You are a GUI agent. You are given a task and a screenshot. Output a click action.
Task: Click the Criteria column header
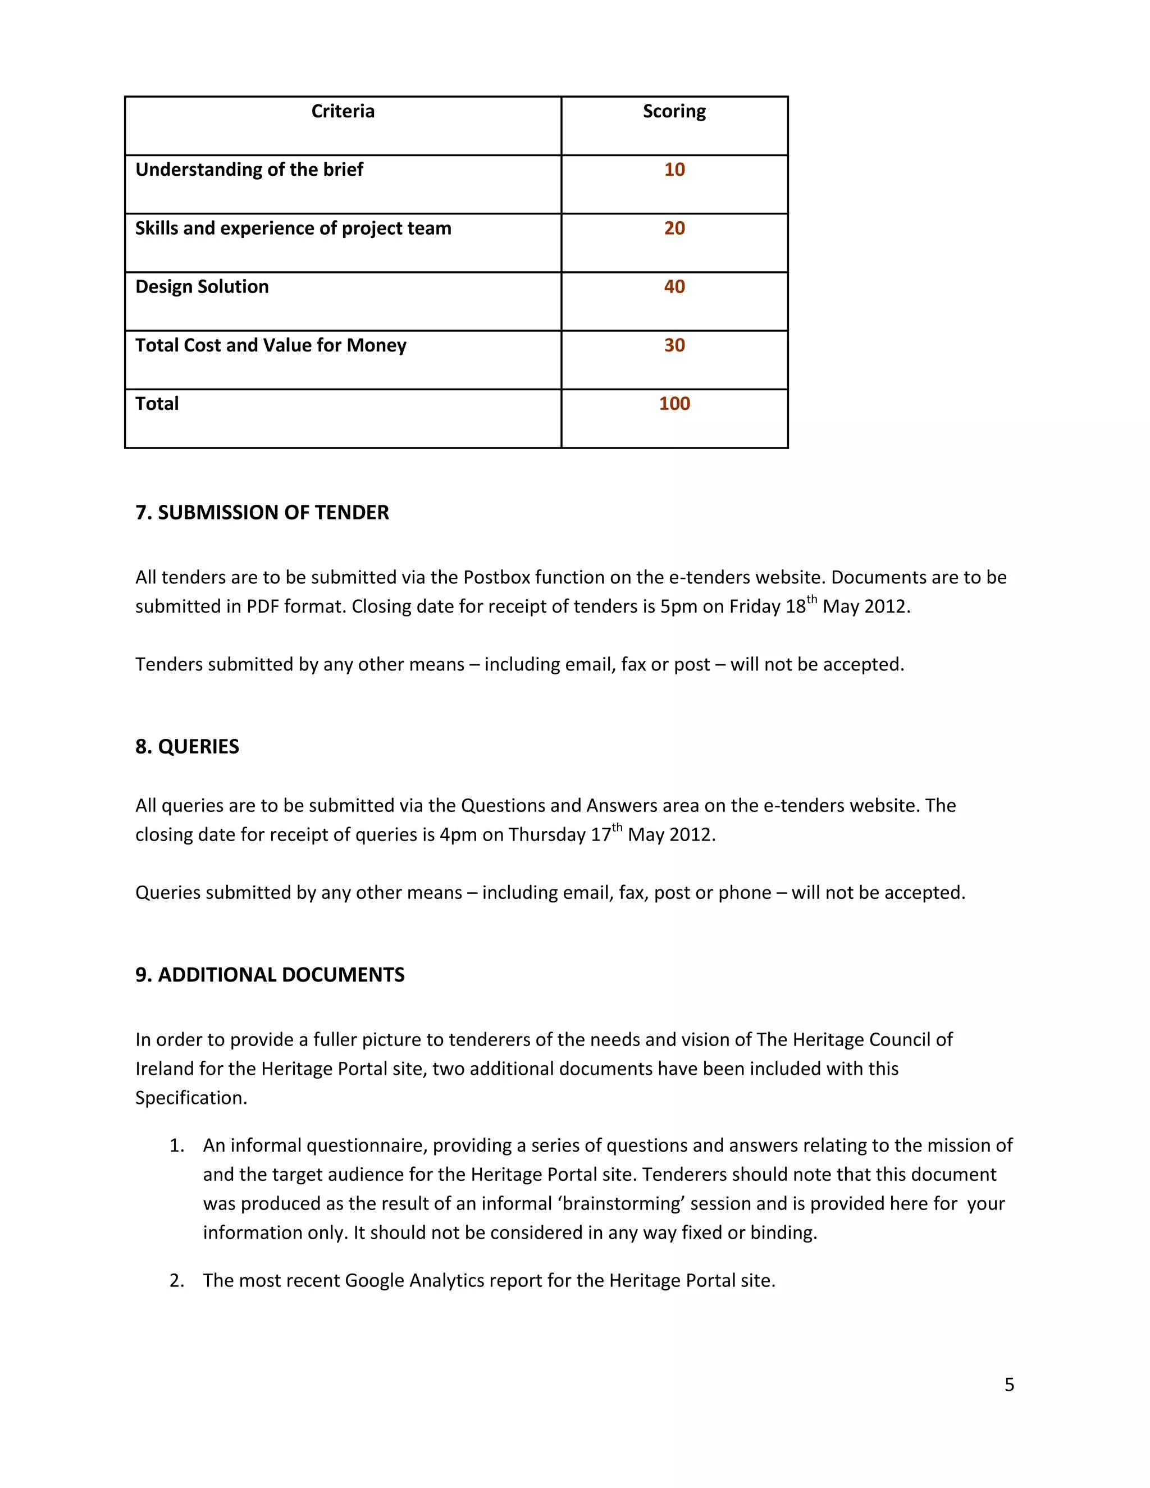pos(343,111)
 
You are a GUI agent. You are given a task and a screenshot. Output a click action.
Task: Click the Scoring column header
pos(674,111)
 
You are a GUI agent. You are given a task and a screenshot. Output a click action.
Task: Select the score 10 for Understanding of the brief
pos(674,170)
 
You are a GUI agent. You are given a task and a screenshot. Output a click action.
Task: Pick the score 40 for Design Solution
pos(674,287)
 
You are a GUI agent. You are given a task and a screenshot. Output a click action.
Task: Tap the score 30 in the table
pos(674,345)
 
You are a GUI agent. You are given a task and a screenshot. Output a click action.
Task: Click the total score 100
pos(674,404)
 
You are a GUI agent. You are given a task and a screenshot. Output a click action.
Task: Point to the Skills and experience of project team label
pos(293,228)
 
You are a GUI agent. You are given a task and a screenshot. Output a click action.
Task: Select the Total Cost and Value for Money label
pos(271,345)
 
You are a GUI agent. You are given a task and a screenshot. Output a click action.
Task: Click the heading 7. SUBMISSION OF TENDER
pos(262,512)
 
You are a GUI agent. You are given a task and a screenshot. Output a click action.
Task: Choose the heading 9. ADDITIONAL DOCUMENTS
pos(270,975)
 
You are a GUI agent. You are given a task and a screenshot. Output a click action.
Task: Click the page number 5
pos(1009,1385)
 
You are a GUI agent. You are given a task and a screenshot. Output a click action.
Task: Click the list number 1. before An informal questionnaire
pos(176,1146)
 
